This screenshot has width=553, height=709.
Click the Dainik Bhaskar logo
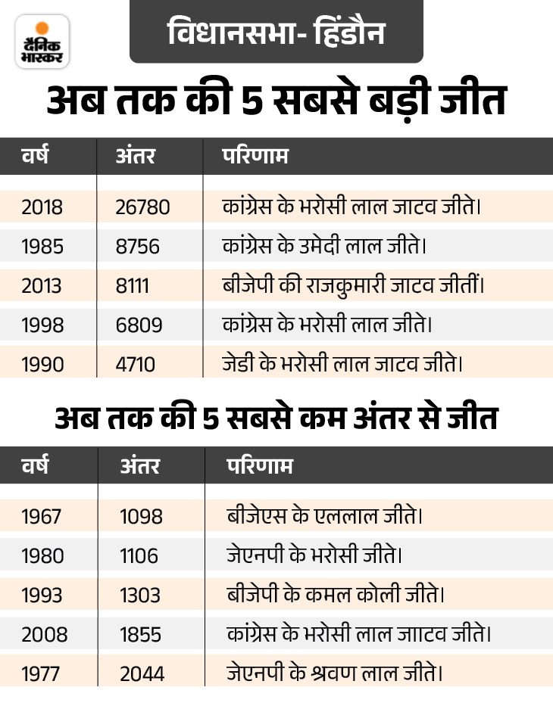42,41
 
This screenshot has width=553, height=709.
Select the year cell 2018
42,207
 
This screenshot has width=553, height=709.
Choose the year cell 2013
42,285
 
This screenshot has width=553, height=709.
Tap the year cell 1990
42,364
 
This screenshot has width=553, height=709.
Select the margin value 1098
142,517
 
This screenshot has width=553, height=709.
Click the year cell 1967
42,517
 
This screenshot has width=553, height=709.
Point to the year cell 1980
43,556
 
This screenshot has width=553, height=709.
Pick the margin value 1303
140,595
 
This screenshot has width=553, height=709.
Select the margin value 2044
142,673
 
